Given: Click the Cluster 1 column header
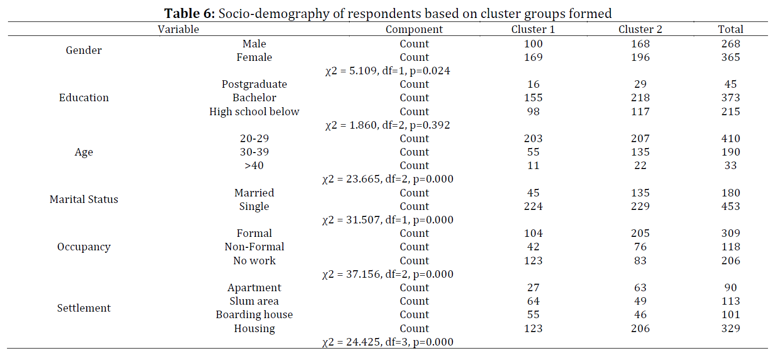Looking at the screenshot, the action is pos(533,29).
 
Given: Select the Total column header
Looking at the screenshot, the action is pos(730,29).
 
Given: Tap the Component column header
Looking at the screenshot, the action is pos(414,29).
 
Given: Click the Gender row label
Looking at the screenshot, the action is pos(84,50).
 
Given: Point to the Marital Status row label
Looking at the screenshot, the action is pos(84,199).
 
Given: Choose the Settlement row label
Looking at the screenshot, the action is pos(84,308).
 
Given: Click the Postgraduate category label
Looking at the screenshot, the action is pos(254,84).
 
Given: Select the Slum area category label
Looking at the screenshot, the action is pos(254,301).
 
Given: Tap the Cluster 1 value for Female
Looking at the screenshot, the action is pos(533,57).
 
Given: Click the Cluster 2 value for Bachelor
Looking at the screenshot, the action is pos(640,98).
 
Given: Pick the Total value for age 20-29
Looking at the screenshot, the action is pos(731,139).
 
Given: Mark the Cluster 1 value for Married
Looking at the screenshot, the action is pos(533,193).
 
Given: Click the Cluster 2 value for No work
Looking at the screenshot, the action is pos(640,261).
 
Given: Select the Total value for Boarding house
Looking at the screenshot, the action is pos(731,315).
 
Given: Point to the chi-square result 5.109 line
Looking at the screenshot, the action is pos(387,71).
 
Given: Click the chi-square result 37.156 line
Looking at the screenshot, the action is pos(387,274).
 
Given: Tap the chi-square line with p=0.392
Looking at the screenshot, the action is pos(387,125).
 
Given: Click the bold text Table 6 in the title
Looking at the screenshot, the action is pos(190,13).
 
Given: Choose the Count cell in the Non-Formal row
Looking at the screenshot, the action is pos(414,247).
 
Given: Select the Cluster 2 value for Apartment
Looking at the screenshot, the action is pos(640,288).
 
